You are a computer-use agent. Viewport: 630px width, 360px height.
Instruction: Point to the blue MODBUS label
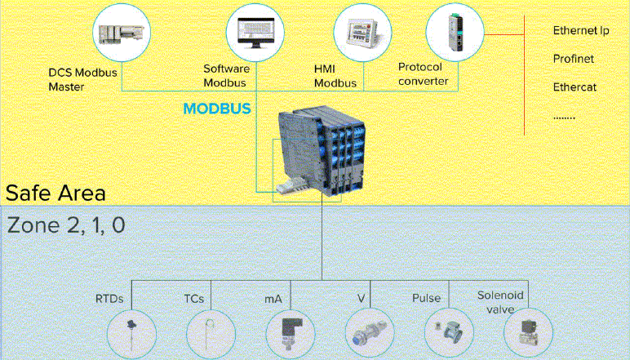[216, 108]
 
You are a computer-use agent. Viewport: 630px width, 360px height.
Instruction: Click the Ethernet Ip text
[581, 31]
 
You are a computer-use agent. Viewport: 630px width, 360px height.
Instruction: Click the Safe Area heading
[55, 193]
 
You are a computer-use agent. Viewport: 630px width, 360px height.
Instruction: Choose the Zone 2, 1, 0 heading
[66, 225]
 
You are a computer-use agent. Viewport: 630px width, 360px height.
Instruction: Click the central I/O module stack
[317, 155]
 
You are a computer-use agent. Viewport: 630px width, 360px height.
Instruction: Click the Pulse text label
[426, 299]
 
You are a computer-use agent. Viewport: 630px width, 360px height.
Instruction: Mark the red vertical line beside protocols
[524, 78]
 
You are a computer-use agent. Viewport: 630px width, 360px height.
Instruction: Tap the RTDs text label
[109, 299]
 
